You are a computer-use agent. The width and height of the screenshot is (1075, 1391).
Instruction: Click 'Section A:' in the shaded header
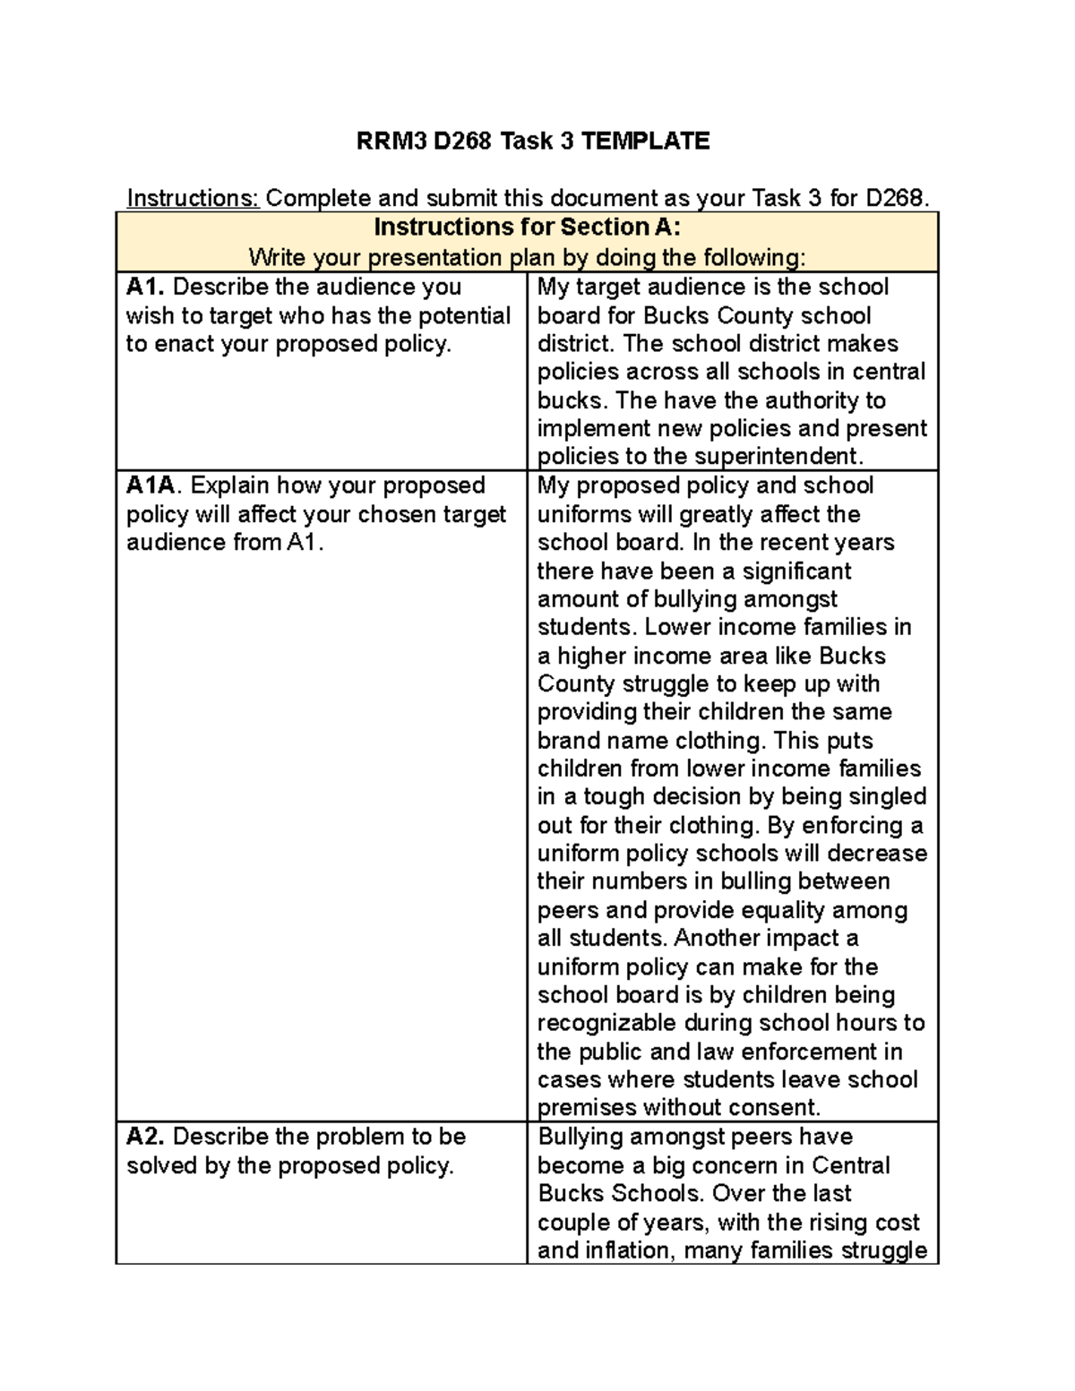(x=620, y=227)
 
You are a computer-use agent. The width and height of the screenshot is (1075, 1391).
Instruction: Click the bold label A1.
(x=145, y=287)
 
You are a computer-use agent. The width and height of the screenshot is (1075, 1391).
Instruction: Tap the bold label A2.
(x=145, y=1137)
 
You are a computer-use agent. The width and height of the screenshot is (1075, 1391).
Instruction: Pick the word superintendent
(x=776, y=456)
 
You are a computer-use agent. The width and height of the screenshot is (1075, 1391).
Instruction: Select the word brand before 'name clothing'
(x=569, y=741)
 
